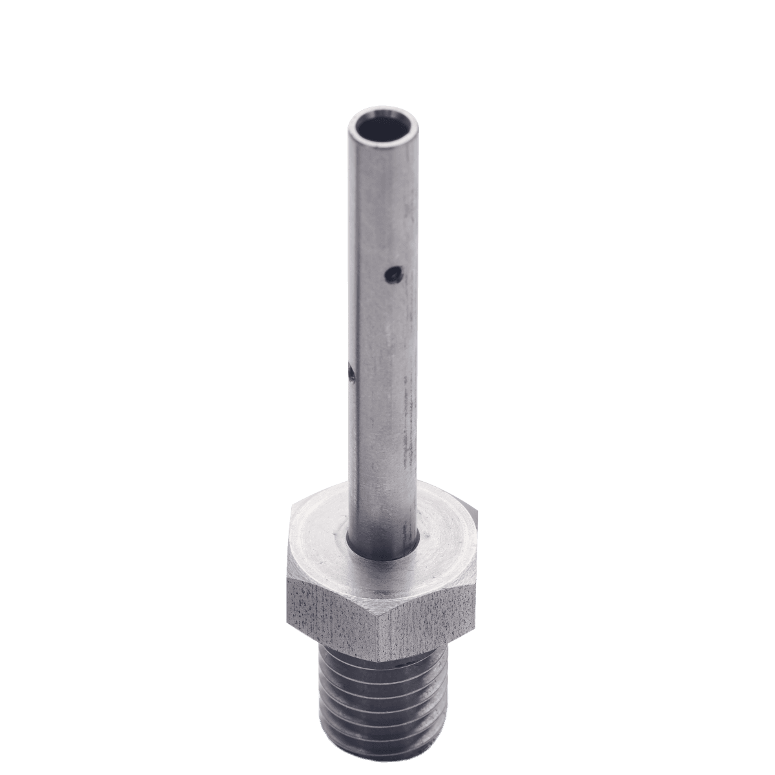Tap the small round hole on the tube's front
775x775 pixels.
pos(391,276)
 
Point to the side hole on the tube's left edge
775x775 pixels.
pos(350,373)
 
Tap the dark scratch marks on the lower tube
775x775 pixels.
pos(407,446)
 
